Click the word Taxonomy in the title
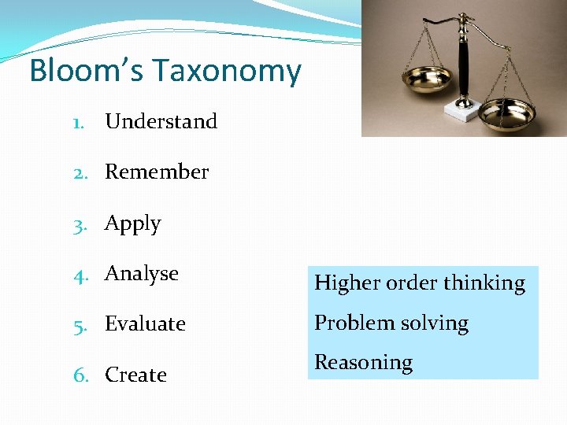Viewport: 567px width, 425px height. click(x=228, y=72)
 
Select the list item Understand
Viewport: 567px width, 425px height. click(x=161, y=121)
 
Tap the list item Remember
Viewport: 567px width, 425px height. click(x=157, y=172)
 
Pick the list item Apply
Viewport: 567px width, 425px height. click(x=132, y=224)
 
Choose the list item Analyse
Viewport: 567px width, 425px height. click(x=142, y=273)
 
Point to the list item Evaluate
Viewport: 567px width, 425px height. click(x=145, y=323)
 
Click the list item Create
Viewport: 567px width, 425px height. click(x=135, y=375)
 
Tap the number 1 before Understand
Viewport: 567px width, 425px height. click(x=76, y=122)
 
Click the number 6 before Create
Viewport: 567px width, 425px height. click(x=80, y=375)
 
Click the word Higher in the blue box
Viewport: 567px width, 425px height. click(x=348, y=283)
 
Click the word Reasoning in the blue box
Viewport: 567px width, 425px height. click(x=363, y=362)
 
